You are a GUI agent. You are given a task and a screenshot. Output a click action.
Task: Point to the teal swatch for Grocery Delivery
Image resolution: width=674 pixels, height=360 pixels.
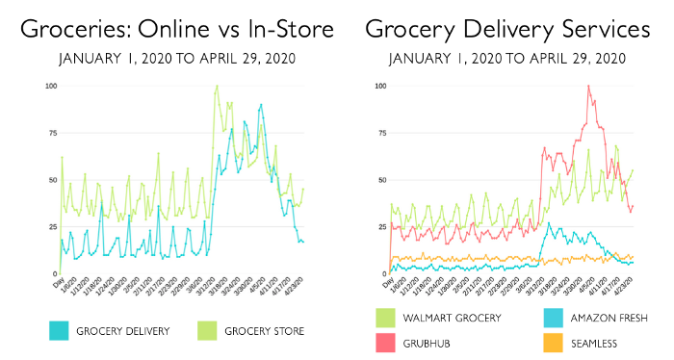[x=61, y=330]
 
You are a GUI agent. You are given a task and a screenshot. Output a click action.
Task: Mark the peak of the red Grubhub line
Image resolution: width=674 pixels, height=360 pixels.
[x=588, y=86]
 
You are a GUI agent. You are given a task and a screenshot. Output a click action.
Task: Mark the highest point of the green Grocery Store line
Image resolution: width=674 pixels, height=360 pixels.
[x=217, y=86]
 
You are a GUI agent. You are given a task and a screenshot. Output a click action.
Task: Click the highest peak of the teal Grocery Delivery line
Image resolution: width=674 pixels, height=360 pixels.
[x=260, y=104]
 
